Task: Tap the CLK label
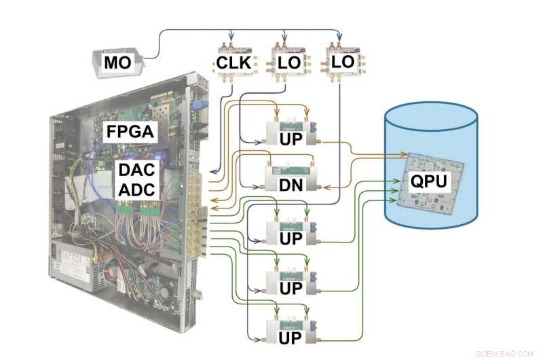pyautogui.click(x=234, y=63)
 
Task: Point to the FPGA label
pyautogui.click(x=131, y=131)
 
